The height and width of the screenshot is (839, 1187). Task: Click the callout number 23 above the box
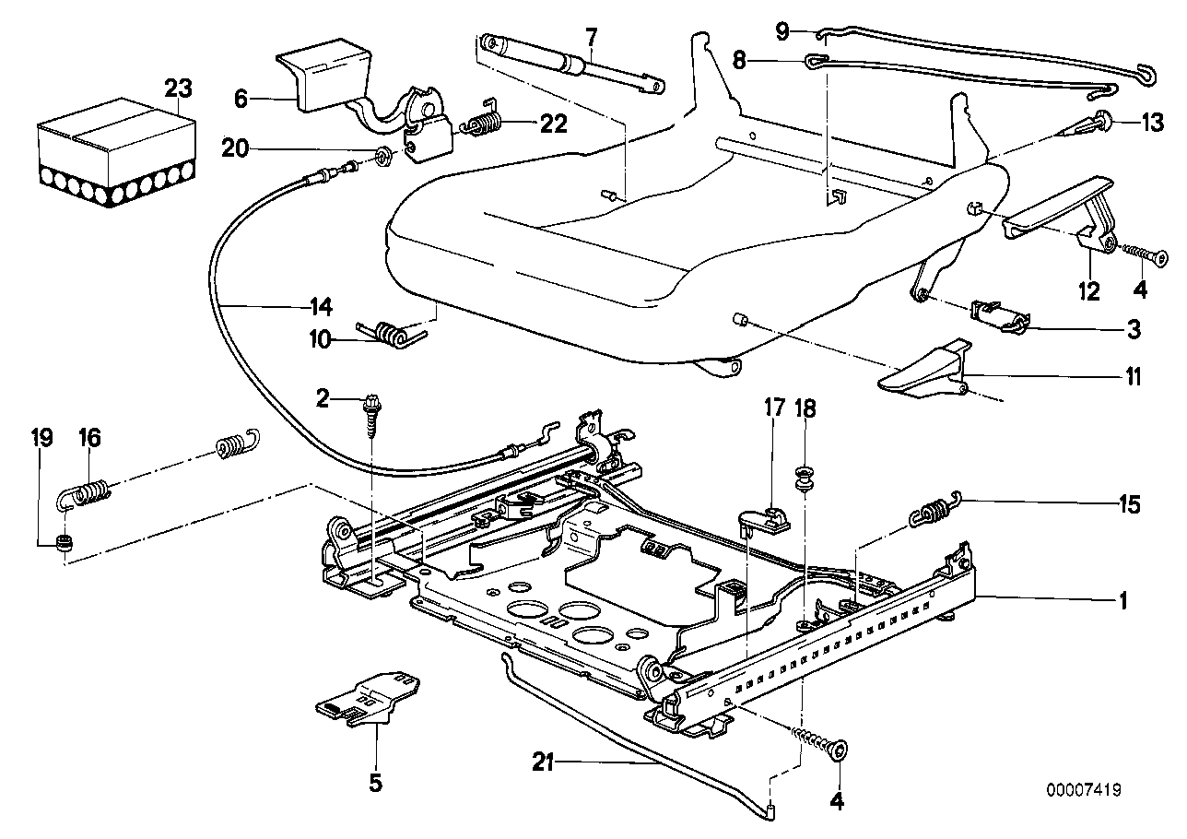pos(178,89)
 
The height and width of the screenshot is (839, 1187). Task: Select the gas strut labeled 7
pos(571,64)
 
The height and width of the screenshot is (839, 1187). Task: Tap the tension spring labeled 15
pos(936,509)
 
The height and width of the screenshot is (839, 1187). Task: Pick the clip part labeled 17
pos(767,519)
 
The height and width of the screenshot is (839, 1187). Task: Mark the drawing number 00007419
pos(1083,790)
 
